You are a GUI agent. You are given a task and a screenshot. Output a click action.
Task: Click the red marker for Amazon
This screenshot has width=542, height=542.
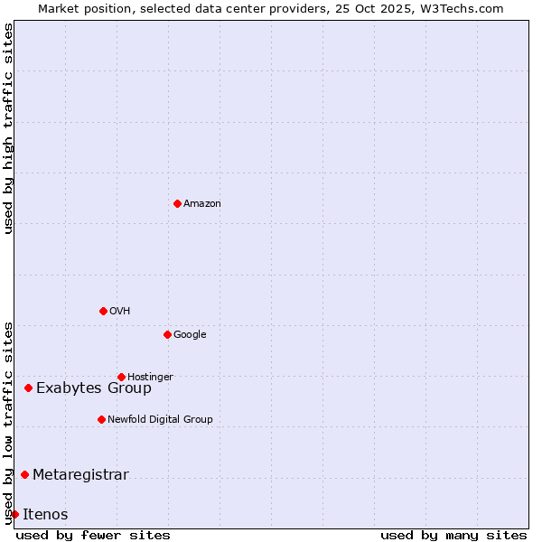pos(177,203)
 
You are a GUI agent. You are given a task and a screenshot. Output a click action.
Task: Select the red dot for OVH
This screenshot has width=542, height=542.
pos(103,311)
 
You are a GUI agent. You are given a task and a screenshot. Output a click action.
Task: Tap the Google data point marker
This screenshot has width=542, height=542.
pos(167,334)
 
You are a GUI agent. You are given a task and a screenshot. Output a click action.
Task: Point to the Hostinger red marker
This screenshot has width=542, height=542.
pos(121,377)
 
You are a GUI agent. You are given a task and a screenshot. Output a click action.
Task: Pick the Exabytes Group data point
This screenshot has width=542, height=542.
pos(28,388)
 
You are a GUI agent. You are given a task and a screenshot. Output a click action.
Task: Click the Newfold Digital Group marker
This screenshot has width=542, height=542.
pos(101,419)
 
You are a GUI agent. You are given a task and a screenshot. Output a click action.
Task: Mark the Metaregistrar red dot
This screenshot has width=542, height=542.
pos(24,474)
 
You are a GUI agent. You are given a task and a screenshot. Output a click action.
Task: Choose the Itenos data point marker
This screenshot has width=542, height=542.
pos(14,514)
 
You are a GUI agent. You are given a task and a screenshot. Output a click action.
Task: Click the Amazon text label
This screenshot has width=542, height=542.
pos(202,204)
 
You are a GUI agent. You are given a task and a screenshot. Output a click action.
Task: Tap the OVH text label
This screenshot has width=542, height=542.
pos(120,312)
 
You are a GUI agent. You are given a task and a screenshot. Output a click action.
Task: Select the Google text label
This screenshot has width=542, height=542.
pos(190,335)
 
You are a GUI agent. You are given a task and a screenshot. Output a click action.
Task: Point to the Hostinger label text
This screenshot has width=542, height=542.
pos(150,378)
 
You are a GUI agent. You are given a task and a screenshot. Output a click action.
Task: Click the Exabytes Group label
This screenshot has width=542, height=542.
pos(94,388)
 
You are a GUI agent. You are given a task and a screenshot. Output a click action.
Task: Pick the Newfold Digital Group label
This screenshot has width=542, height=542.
pos(160,420)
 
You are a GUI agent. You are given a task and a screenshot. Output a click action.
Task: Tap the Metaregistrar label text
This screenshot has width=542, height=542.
pos(80,475)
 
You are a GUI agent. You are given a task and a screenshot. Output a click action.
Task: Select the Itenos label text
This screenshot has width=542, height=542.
pos(45,515)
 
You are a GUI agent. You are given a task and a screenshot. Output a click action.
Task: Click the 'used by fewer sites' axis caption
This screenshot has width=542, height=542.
pos(93,535)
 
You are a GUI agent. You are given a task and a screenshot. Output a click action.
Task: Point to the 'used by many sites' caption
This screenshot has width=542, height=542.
pos(453,535)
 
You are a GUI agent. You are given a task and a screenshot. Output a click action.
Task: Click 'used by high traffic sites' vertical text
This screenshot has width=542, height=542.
pos(8,128)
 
